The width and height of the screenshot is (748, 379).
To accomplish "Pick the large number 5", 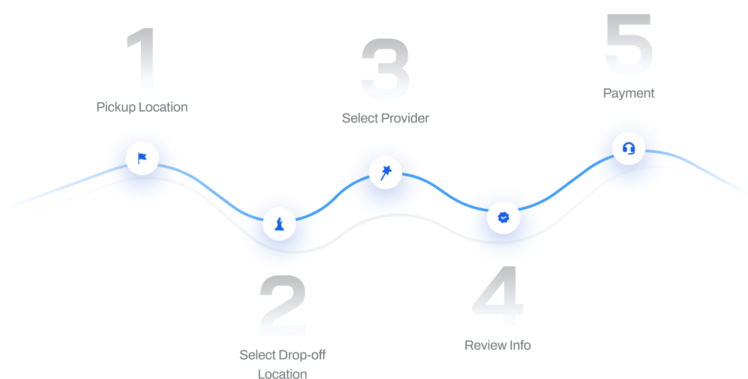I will pos(629,45).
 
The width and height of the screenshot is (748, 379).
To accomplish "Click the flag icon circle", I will pos(142,158).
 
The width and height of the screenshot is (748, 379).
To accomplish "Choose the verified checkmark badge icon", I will pos(503,217).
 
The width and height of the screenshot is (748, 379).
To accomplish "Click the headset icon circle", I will pos(628,148).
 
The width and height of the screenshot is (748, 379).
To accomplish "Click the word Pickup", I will pos(116,107).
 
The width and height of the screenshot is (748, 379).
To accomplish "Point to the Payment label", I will pos(629,93).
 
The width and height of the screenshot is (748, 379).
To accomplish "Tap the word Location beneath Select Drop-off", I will pos(283,374).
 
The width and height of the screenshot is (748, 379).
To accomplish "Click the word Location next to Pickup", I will pos(163,107).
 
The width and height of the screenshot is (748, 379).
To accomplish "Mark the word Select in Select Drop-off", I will pos(257,355).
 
